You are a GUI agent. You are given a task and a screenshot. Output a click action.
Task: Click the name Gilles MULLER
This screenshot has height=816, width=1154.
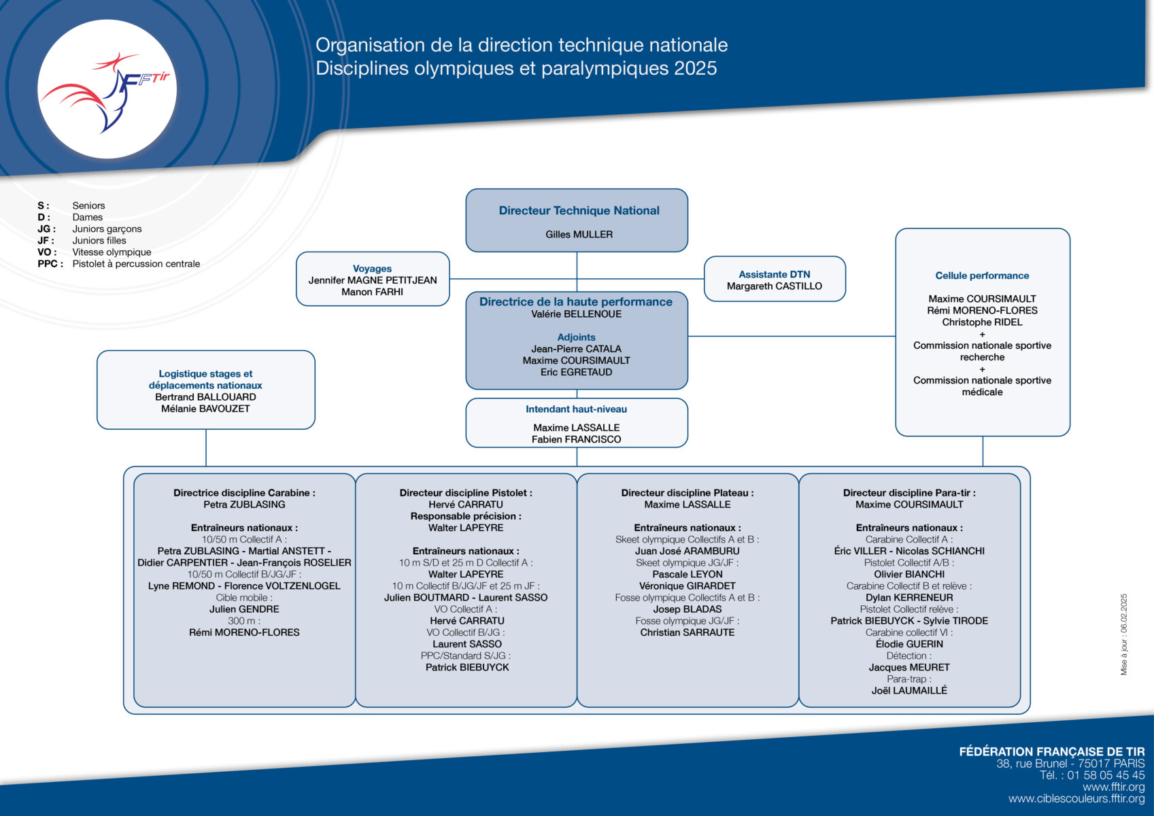click(579, 235)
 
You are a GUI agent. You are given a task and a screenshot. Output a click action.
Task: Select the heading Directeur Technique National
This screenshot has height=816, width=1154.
click(579, 210)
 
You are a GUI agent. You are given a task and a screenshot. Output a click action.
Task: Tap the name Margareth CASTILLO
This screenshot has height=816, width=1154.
click(775, 286)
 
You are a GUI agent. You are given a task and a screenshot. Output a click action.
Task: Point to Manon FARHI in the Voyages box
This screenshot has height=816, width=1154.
click(372, 292)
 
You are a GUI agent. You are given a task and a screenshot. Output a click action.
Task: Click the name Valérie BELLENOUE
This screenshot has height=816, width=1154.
click(577, 313)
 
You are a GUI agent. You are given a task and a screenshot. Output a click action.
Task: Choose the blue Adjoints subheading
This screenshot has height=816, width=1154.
click(576, 337)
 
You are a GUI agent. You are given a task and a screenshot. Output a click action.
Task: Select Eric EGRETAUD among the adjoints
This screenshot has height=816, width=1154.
click(576, 372)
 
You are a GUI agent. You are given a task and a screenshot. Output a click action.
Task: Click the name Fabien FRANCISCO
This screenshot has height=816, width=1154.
click(576, 439)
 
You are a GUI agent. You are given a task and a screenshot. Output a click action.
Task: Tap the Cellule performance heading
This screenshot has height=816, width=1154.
click(982, 275)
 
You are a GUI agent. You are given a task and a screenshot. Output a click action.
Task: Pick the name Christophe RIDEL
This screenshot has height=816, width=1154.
click(982, 322)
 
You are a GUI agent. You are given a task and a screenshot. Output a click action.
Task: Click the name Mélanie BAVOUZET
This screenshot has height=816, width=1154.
click(205, 409)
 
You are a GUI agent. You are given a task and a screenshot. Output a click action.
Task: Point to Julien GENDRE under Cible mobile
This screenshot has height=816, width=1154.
click(244, 609)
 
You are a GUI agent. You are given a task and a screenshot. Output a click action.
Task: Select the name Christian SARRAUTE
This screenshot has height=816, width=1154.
click(688, 632)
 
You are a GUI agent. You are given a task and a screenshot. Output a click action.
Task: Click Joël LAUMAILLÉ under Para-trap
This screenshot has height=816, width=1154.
click(909, 690)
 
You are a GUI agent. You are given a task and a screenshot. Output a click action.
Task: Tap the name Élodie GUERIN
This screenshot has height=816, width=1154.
click(909, 644)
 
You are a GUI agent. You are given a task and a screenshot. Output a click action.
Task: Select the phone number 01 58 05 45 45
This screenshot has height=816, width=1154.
click(1106, 775)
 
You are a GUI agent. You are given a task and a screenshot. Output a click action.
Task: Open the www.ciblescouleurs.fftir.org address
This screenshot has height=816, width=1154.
click(1076, 798)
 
